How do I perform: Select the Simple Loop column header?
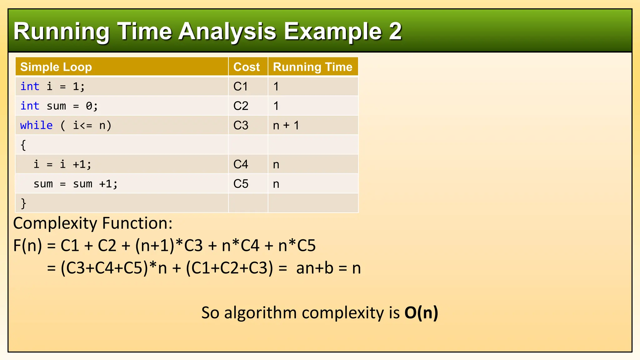56,67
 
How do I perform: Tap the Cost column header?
247,67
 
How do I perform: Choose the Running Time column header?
312,67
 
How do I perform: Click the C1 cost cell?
241,87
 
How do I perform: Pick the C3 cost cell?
241,125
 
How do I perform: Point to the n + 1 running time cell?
286,125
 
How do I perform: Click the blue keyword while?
36,125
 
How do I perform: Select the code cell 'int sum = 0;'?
59,106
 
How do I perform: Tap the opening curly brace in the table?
23,145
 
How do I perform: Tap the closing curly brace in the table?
23,203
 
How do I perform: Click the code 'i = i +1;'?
62,164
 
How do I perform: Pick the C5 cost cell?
241,184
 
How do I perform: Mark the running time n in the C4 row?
276,165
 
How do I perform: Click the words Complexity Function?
93,223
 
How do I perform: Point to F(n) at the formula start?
27,246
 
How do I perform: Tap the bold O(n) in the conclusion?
421,312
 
